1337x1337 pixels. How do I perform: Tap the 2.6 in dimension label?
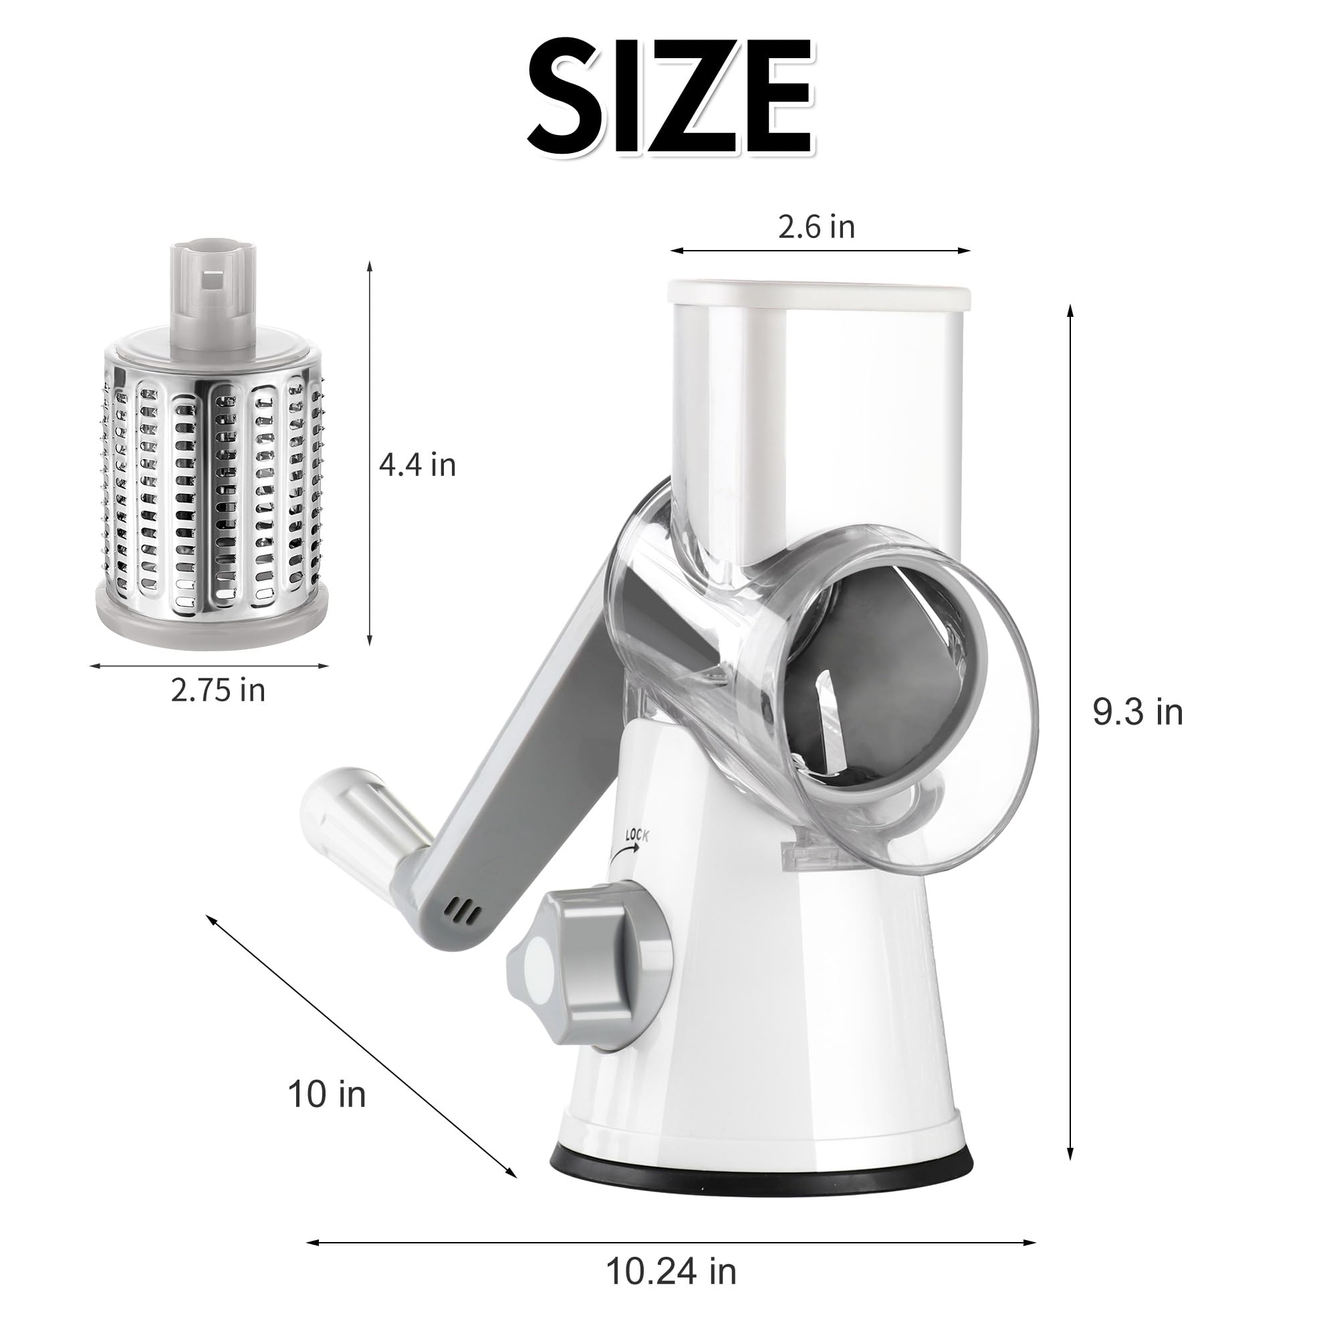click(817, 227)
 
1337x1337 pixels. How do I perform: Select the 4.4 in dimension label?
click(417, 465)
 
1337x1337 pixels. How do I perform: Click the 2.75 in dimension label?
click(218, 690)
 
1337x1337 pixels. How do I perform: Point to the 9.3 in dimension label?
click(1138, 712)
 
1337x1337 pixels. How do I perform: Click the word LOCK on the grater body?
click(636, 835)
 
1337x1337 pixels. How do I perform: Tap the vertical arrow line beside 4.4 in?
click(370, 453)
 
